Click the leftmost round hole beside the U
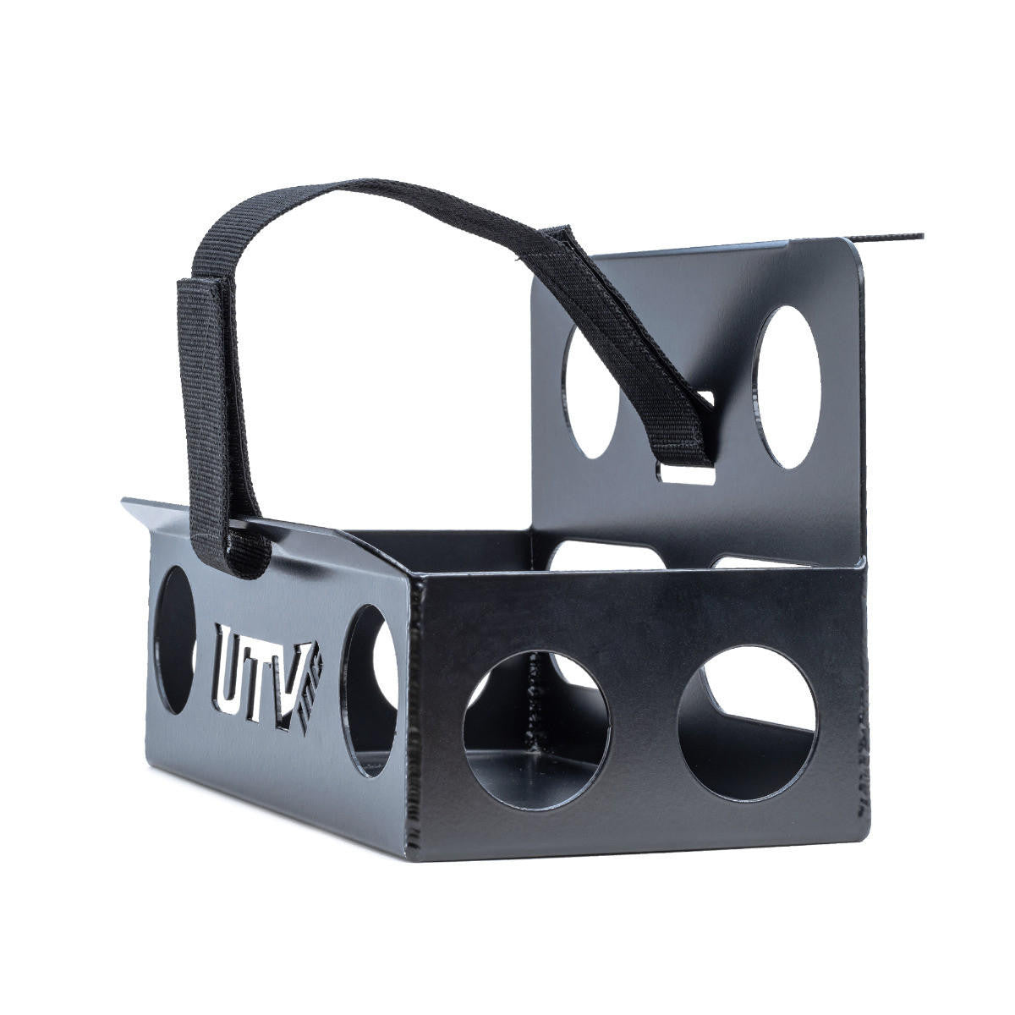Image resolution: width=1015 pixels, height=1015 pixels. (176, 639)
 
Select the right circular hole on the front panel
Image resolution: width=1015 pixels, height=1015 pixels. (747, 723)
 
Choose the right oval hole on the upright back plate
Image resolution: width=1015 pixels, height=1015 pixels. (788, 387)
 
